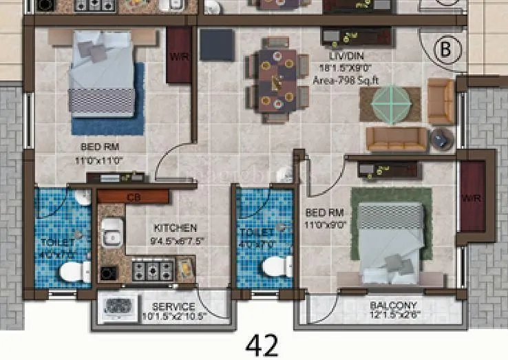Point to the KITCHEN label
pyautogui.click(x=175, y=228)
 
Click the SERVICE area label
pyautogui.click(x=173, y=306)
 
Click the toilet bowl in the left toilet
pyautogui.click(x=74, y=272)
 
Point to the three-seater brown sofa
pyautogui.click(x=396, y=139)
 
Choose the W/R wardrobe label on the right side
pyautogui.click(x=472, y=198)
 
